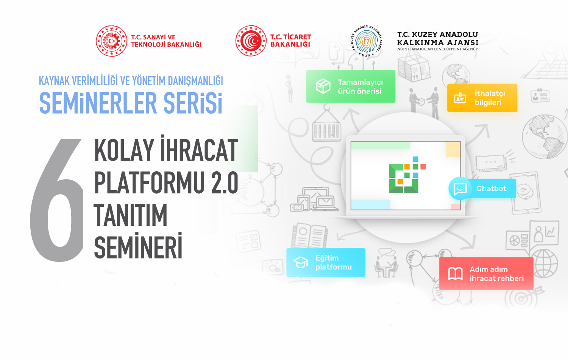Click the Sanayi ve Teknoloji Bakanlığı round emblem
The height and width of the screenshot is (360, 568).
click(112, 41)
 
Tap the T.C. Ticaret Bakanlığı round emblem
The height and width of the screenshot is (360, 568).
click(251, 41)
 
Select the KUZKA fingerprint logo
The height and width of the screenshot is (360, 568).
click(366, 41)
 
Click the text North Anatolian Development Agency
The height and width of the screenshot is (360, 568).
click(437, 49)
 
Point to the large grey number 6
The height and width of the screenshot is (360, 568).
click(57, 200)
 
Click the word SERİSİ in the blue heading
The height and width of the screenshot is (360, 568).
click(193, 103)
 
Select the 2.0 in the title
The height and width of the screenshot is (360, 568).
click(225, 182)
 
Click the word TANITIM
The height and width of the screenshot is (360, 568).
click(131, 215)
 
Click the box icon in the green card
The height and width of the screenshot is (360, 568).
click(323, 86)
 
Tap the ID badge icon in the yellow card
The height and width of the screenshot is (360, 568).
click(460, 98)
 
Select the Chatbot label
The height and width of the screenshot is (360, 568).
click(492, 188)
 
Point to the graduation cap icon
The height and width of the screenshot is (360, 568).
click(301, 262)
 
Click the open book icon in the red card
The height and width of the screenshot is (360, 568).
click(456, 274)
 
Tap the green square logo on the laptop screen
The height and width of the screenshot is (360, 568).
click(404, 178)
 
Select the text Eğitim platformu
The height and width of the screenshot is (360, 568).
click(334, 263)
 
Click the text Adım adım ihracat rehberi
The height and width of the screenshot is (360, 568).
click(496, 274)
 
